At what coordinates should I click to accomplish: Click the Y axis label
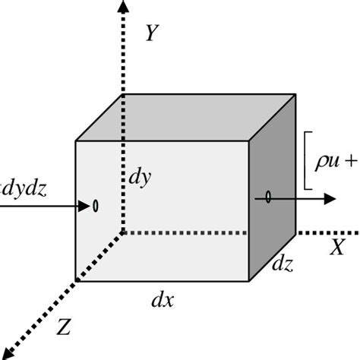[153, 33]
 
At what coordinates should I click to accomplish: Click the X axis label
[337, 247]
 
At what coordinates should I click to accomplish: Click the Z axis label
[63, 327]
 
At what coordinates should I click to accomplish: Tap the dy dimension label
[140, 178]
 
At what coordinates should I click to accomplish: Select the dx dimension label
[163, 300]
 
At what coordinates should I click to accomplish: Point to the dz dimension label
[283, 264]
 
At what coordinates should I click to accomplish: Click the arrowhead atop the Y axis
[123, 6]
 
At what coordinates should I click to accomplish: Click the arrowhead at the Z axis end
[6, 353]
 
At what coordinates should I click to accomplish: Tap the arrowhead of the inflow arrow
[84, 206]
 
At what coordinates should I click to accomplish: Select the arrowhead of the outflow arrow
[330, 199]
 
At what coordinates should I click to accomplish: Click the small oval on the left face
[96, 206]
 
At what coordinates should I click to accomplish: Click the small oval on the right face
[268, 197]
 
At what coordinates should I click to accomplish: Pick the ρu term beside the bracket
[327, 162]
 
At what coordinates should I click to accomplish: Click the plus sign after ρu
[351, 161]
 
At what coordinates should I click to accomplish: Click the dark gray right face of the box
[273, 188]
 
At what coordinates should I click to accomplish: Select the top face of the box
[186, 118]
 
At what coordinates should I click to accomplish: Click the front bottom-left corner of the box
[76, 281]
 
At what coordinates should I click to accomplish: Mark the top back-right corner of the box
[295, 94]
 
